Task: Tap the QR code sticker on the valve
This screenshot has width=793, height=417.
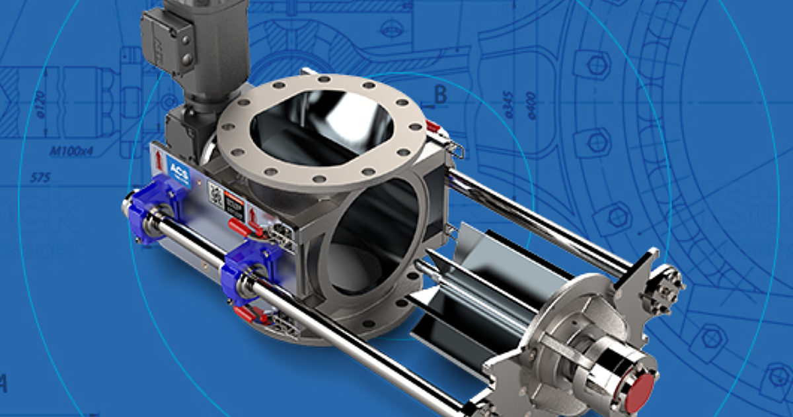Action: pos(215,193)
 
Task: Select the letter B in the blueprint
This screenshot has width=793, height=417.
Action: pos(440,95)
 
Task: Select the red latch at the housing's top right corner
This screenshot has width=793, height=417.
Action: pos(434,126)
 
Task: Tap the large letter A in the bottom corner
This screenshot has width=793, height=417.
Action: pos(4,384)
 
